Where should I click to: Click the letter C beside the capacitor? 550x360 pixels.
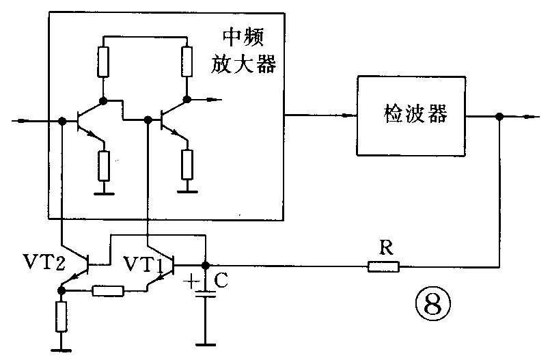[221, 279]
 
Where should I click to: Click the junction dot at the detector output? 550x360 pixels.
[500, 117]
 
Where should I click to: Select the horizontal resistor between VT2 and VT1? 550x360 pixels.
[108, 292]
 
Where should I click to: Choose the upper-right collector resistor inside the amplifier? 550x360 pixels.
[186, 62]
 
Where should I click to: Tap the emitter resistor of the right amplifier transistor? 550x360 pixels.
[186, 163]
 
